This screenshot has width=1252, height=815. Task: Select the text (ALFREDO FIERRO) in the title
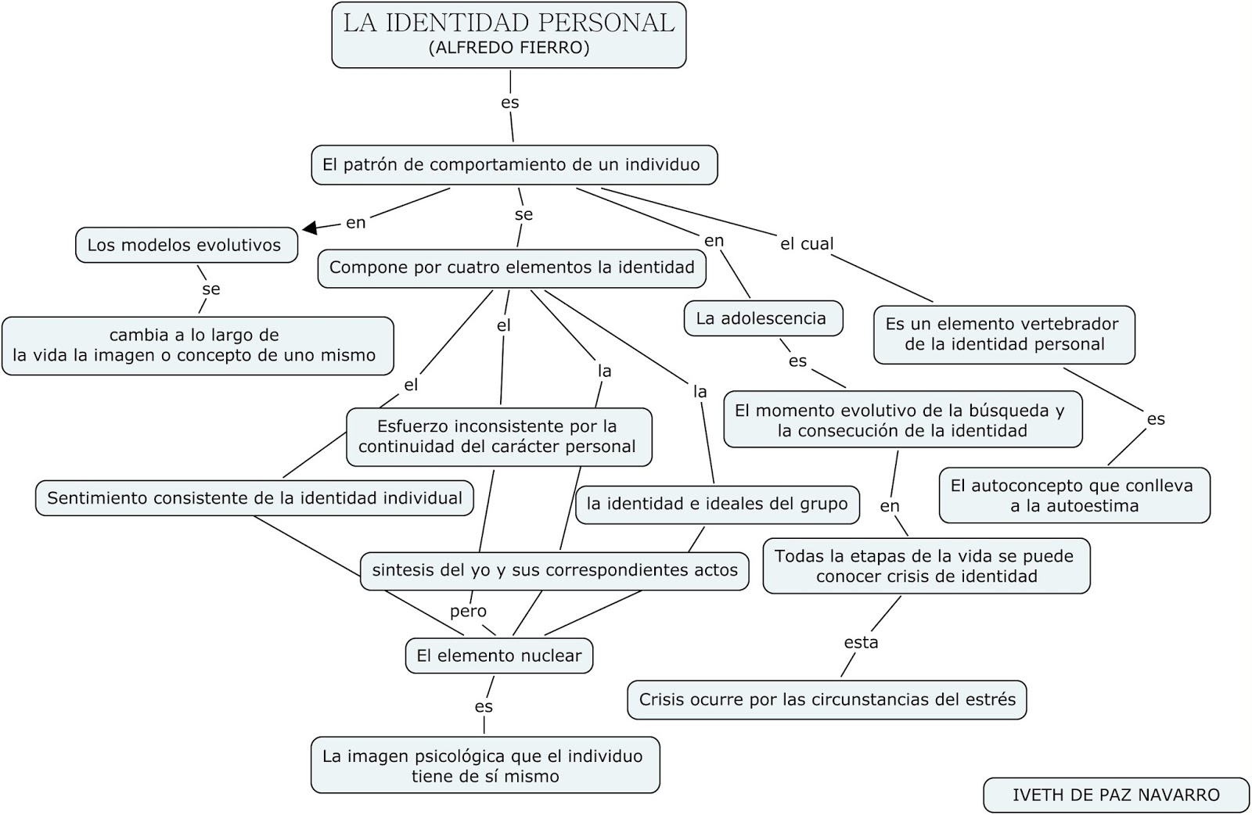coord(509,48)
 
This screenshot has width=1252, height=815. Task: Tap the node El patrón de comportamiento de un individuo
coord(513,165)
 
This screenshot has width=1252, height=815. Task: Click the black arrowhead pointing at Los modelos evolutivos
coord(311,228)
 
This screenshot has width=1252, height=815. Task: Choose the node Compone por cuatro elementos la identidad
coord(512,267)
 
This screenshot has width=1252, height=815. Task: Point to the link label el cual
coord(807,244)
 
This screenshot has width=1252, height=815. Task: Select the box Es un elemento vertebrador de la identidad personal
coord(1004,334)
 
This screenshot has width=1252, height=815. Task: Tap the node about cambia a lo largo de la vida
coord(196,346)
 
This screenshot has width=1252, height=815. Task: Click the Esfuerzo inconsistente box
coord(498,436)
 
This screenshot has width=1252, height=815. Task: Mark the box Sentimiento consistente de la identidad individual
coord(254,498)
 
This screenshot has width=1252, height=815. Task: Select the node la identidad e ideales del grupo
coord(717,504)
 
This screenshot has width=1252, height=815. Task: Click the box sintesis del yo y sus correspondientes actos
coord(554,570)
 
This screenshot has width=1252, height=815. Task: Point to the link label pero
coord(468,612)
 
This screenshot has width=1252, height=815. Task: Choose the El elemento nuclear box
coord(498,655)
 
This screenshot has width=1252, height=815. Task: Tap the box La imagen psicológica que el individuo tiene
coord(484,766)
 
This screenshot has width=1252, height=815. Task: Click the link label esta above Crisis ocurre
coord(861,643)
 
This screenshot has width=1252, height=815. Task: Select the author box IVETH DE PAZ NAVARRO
coord(1116,795)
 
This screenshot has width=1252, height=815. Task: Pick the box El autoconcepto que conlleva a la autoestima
coord(1074,495)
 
